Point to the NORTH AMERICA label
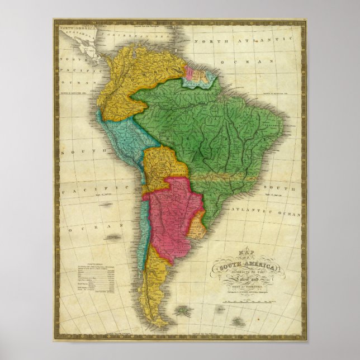pyautogui.click(x=76, y=26)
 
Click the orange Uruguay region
pyautogui.click(x=197, y=228)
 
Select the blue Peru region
pyautogui.click(x=120, y=140)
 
